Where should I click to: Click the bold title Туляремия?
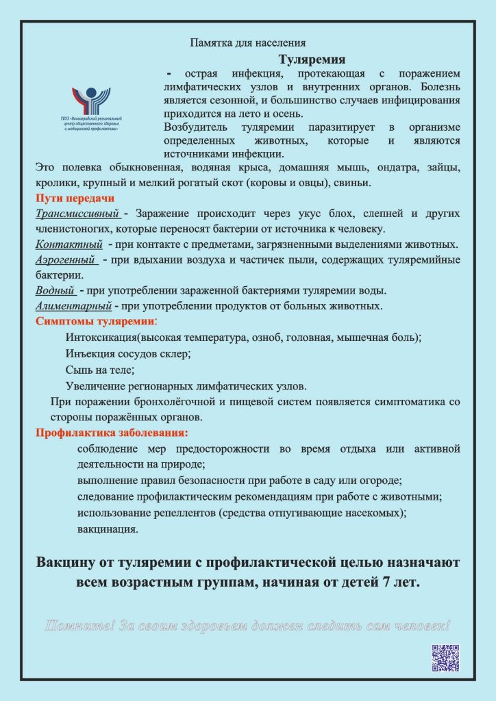pos(312,60)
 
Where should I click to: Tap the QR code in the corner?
pos(445,658)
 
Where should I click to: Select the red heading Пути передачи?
pos(65,199)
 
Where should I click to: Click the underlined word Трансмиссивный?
pos(77,214)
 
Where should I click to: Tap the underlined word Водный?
pos(54,290)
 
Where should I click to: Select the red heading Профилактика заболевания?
pos(112,433)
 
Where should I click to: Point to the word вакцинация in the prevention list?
pos(107,529)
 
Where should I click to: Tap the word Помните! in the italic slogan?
pos(79,625)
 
